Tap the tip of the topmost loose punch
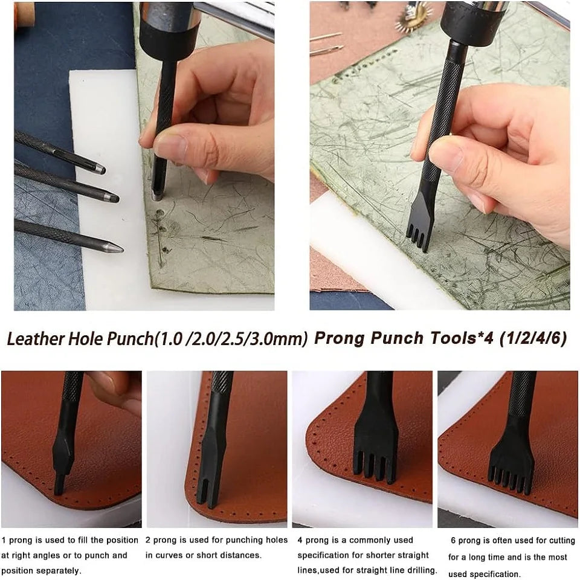pyautogui.click(x=98, y=170)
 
